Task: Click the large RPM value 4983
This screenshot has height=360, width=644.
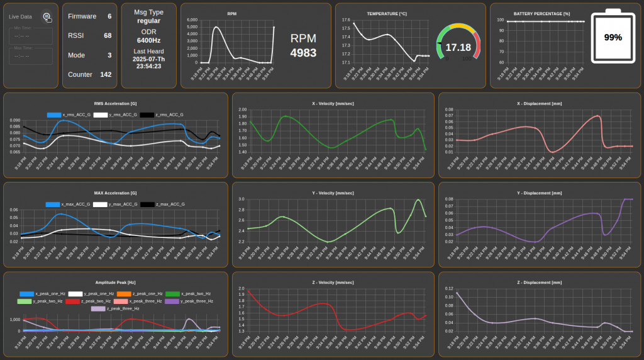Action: pyautogui.click(x=303, y=53)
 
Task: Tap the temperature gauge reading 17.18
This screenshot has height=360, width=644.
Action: pyautogui.click(x=458, y=47)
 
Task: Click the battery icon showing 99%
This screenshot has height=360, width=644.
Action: pyautogui.click(x=613, y=37)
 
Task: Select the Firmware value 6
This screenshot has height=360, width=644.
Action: pyautogui.click(x=109, y=16)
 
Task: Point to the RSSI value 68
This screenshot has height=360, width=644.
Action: pyautogui.click(x=108, y=36)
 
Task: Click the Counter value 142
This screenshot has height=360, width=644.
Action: pyautogui.click(x=106, y=74)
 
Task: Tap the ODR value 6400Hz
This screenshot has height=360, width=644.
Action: pyautogui.click(x=149, y=40)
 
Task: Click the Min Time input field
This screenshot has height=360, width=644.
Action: pyautogui.click(x=30, y=36)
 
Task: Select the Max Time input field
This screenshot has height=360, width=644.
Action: pyautogui.click(x=30, y=56)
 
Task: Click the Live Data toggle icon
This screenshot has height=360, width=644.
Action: pyautogui.click(x=47, y=16)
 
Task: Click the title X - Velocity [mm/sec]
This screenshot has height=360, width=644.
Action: pyautogui.click(x=333, y=103)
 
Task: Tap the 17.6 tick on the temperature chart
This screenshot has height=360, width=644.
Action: pyautogui.click(x=346, y=20)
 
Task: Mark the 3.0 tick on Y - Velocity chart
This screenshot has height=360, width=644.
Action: pyautogui.click(x=241, y=200)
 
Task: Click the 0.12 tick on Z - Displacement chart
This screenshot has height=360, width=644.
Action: pyautogui.click(x=449, y=296)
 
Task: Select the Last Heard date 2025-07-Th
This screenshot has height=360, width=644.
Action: pyautogui.click(x=149, y=59)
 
